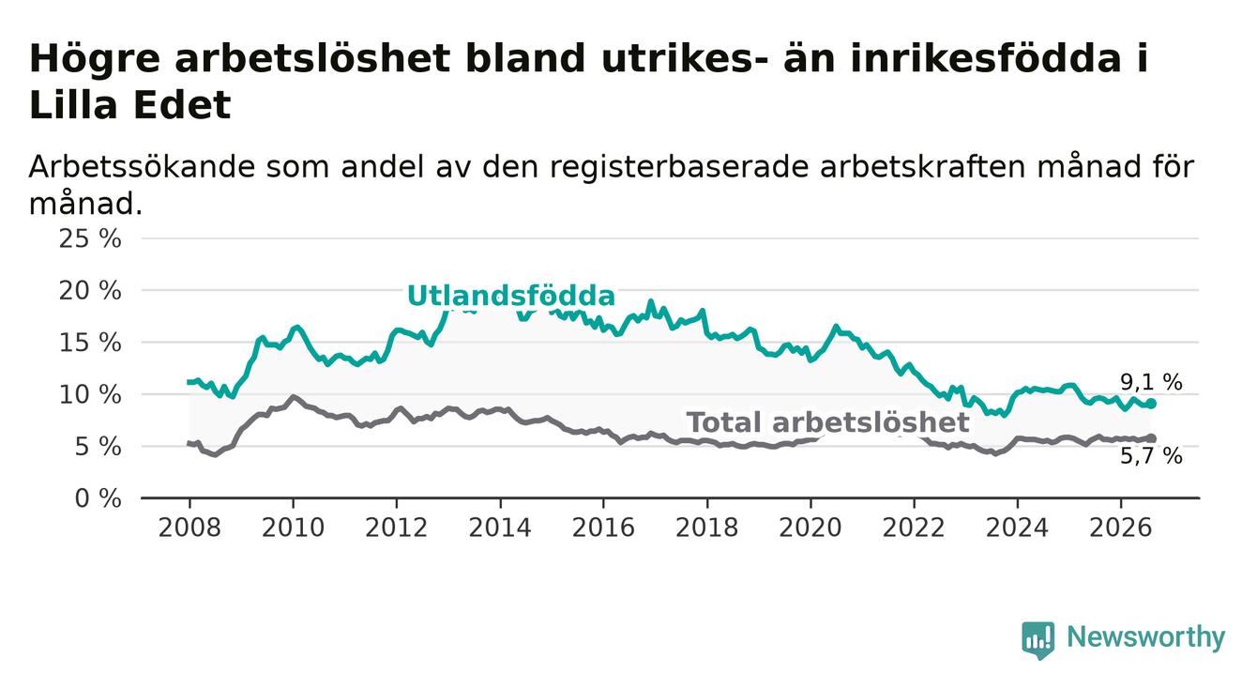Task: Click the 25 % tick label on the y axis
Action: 90,239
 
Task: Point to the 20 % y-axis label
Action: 90,291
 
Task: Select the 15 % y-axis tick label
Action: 90,343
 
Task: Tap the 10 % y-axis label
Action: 90,395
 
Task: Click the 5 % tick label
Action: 98,447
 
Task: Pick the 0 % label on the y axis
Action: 98,498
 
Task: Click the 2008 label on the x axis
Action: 189,528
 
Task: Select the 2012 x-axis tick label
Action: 396,528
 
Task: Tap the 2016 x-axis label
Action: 603,528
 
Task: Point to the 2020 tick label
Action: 810,528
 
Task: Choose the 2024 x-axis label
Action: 1017,528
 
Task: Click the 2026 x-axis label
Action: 1121,528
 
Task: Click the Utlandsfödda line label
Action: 511,296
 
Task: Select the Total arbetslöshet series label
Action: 827,422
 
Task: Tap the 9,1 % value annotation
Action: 1152,382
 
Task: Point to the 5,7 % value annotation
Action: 1152,456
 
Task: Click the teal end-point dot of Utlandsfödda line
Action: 1151,404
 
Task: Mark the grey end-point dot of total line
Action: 1151,438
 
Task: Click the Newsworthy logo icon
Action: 1037,639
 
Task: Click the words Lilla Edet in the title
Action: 129,105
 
